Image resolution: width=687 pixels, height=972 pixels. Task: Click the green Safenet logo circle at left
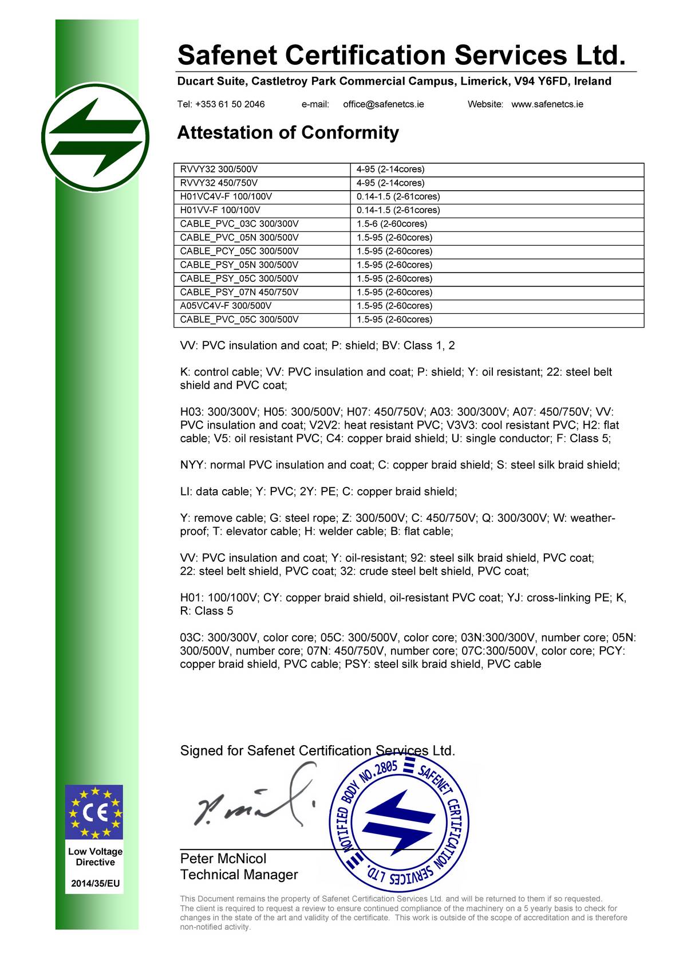(95, 138)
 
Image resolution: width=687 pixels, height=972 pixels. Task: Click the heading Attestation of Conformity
(288, 133)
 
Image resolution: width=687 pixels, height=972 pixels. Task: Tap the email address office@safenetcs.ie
(384, 104)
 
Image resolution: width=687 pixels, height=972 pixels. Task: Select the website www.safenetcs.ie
(547, 104)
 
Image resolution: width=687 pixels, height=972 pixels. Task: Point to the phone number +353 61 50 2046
(221, 104)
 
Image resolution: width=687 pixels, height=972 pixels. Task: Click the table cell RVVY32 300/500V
(219, 170)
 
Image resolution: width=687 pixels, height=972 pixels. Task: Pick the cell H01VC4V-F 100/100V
(226, 196)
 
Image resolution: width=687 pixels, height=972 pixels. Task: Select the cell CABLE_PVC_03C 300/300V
(239, 224)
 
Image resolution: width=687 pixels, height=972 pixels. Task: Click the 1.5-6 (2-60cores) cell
(392, 224)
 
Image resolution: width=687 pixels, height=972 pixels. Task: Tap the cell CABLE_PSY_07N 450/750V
(239, 292)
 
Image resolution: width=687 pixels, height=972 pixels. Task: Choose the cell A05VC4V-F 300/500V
(226, 306)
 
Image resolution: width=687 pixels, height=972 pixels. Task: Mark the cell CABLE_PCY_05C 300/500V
(239, 251)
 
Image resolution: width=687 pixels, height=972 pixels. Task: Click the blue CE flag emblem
(95, 813)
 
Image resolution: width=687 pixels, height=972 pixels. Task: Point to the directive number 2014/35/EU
(96, 883)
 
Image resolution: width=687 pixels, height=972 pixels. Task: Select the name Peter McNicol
(223, 859)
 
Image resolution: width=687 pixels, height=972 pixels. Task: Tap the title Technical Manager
(239, 875)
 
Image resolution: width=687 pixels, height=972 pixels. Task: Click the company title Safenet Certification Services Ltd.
(401, 56)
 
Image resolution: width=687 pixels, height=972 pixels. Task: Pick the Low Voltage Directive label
(96, 857)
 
